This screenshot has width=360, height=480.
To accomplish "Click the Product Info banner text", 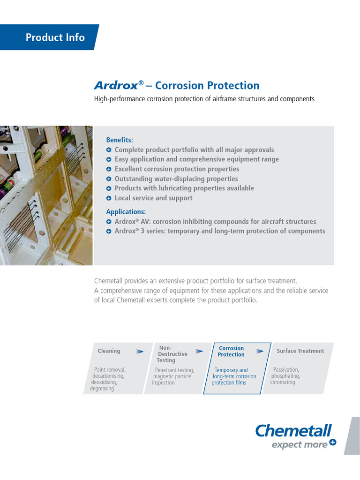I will (55, 37).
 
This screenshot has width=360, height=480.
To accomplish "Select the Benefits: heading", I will (120, 140).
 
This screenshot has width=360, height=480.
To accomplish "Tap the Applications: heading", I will (126, 212).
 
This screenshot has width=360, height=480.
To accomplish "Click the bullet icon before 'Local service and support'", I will (109, 198).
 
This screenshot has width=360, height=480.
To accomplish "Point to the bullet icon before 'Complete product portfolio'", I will (109, 150).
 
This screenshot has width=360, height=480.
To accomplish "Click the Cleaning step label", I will (109, 351).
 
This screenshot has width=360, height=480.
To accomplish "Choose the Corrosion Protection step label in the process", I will (232, 352).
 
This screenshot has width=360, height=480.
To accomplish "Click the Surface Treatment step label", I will (300, 351).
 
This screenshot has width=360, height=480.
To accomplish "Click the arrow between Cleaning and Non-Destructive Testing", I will (140, 351).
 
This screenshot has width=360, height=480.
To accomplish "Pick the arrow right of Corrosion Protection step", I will (260, 351).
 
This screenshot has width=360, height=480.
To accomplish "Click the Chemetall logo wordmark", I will (293, 430).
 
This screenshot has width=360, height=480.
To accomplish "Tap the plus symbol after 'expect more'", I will (332, 442).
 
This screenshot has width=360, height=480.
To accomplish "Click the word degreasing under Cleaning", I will (102, 389).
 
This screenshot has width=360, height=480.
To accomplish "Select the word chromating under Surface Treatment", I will (283, 382).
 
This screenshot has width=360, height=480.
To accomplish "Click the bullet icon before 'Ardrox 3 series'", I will (109, 231).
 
